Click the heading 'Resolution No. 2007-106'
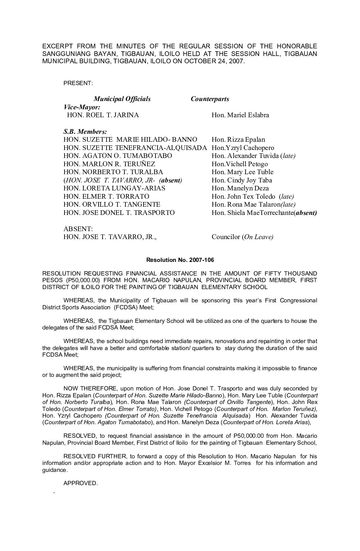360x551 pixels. (x=180, y=260)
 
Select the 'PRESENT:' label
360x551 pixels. (x=78, y=83)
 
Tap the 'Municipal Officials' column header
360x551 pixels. (x=122, y=99)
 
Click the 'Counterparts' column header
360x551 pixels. (x=210, y=99)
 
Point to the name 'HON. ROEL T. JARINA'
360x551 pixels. (x=103, y=115)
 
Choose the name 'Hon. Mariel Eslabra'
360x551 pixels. (x=240, y=115)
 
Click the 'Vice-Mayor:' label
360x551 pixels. (x=82, y=107)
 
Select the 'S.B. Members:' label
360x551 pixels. (x=85, y=131)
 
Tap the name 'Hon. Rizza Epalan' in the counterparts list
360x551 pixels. (x=238, y=140)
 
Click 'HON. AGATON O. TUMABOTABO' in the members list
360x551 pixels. (x=118, y=156)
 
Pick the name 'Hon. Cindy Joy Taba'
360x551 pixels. (x=242, y=180)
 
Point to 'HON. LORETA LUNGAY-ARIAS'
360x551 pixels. (x=114, y=188)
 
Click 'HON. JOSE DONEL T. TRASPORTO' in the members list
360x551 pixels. (x=119, y=213)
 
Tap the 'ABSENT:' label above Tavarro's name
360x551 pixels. (x=78, y=229)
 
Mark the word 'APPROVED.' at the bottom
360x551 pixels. (x=81, y=483)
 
